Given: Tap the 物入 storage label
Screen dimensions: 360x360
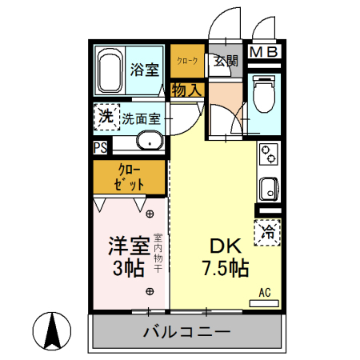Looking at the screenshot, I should pos(186,90).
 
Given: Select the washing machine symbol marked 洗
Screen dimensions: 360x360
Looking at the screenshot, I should pos(106,117).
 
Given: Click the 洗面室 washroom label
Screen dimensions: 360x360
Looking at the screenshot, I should pos(142,119).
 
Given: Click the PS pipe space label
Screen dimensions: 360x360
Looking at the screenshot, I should pos(100,147).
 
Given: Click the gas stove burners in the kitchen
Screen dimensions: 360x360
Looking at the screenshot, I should pos(270,154).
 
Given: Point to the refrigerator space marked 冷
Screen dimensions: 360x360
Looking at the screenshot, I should pos(269,233).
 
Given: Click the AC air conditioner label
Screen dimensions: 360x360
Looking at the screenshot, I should pos(265,294).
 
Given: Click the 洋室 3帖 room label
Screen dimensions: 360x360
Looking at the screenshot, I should pos(126,256).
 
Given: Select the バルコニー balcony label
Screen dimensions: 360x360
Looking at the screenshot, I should pos(186,331).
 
